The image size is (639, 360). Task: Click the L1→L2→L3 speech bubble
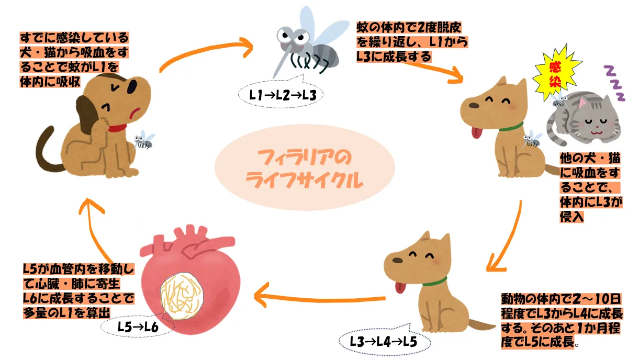coord(281,95)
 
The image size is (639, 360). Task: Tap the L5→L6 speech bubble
coord(137,327)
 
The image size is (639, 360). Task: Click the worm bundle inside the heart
coord(181,293)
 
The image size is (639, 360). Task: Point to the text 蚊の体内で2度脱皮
coord(409,27)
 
